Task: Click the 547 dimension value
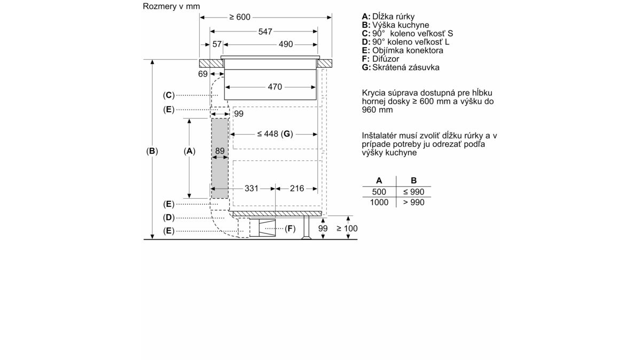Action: (x=265, y=32)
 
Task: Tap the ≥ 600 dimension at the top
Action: (x=240, y=17)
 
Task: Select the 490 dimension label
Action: (x=286, y=44)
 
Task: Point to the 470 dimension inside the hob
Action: (x=275, y=87)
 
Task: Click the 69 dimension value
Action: (x=202, y=74)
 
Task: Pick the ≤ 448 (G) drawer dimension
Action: (x=275, y=134)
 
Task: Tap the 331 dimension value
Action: (x=251, y=189)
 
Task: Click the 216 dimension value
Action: (x=297, y=189)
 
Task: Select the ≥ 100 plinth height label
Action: (x=347, y=229)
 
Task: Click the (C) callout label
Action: (x=169, y=95)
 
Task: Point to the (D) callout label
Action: (x=169, y=218)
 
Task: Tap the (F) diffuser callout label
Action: (x=290, y=229)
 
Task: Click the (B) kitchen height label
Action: (x=152, y=151)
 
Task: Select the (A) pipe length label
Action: (x=190, y=151)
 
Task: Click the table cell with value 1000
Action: (x=379, y=202)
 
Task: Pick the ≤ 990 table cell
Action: (x=414, y=192)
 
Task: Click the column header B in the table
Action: (x=414, y=181)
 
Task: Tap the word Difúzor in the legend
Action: (x=386, y=59)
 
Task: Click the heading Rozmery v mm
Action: (x=171, y=6)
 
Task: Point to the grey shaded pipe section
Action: (x=220, y=158)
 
